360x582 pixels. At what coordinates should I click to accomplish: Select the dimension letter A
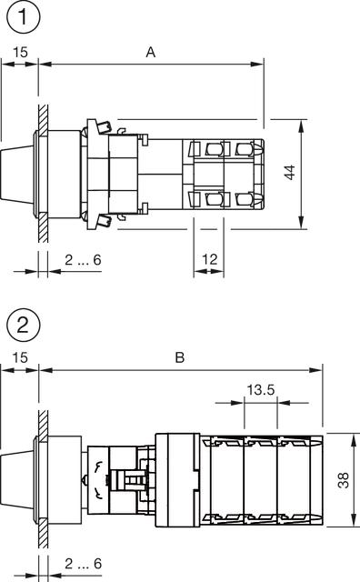[151, 53]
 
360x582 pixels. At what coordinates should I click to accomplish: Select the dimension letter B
[179, 358]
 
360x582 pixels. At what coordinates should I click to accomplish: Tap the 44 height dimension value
[290, 173]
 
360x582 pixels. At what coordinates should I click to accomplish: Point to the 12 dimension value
[209, 259]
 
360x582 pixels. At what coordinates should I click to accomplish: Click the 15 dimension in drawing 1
[20, 53]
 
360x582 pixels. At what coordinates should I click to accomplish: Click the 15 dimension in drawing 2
[20, 358]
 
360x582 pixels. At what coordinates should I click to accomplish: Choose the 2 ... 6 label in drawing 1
[83, 260]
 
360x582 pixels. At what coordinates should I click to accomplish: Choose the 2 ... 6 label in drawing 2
[83, 565]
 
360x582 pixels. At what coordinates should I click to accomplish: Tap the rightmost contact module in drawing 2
[302, 479]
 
